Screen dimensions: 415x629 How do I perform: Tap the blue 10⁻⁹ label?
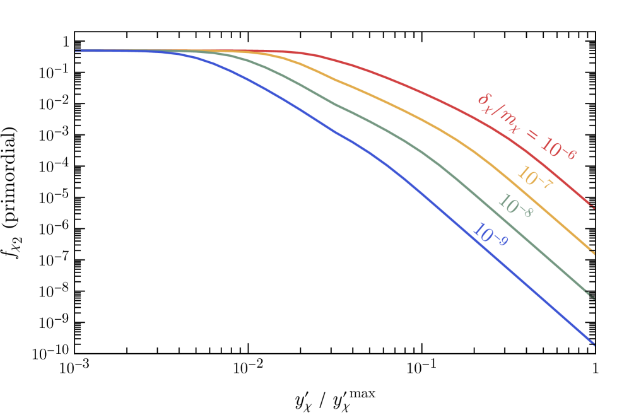[x=490, y=234]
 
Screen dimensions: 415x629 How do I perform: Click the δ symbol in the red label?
[x=483, y=99]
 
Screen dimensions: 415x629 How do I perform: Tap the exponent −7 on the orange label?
[x=545, y=184]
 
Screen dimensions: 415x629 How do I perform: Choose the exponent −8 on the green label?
[x=526, y=211]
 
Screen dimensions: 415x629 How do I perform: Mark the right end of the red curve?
[x=592, y=204]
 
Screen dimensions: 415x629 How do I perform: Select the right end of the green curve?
[x=592, y=297]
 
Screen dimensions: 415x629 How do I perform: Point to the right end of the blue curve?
[x=592, y=343]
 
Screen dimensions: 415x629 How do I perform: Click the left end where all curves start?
[x=77, y=51]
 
